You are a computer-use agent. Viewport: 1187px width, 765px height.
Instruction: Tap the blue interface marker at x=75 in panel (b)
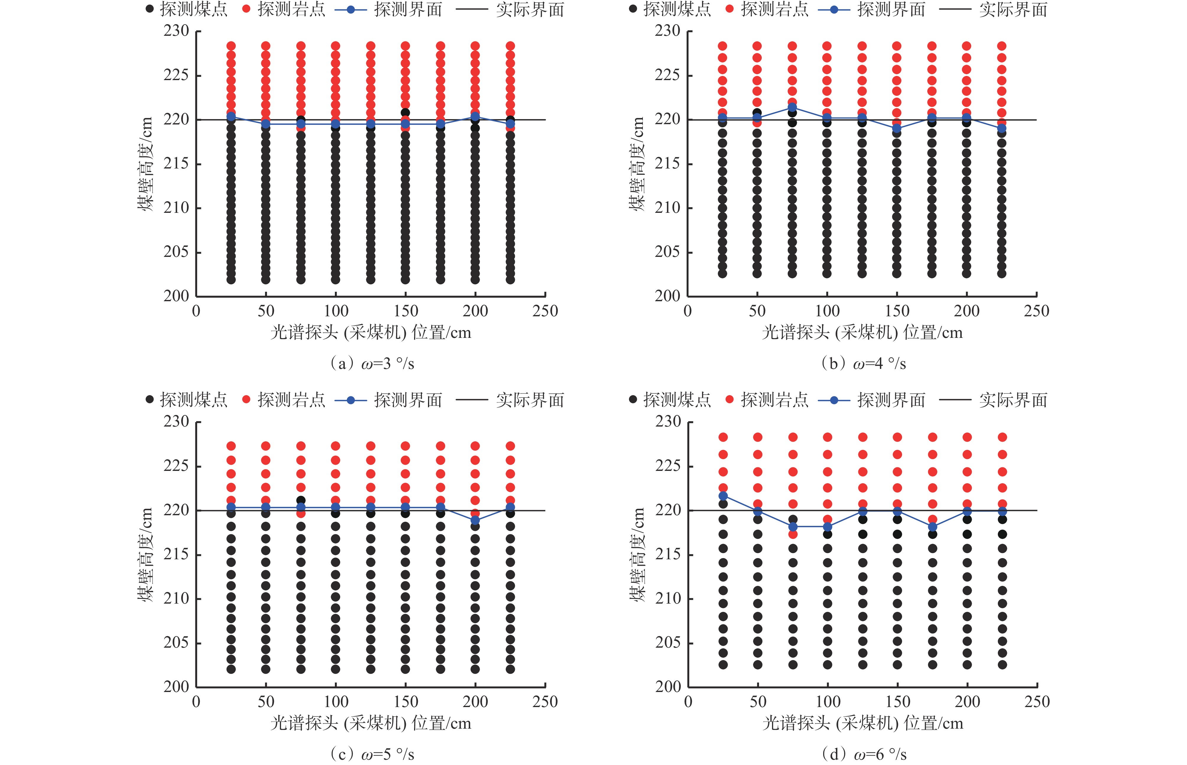792,107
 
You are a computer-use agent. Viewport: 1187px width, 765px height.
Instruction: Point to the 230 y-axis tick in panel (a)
176,31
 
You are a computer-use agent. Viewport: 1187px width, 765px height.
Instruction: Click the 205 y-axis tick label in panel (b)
667,252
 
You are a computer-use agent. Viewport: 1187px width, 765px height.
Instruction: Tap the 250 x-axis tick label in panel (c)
545,702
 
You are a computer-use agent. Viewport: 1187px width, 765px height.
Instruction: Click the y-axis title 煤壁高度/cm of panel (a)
145,164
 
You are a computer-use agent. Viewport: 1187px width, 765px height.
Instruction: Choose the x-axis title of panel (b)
862,332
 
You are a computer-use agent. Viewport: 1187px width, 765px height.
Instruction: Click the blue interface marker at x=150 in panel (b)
896,128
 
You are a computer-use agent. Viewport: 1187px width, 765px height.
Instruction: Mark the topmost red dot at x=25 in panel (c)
231,446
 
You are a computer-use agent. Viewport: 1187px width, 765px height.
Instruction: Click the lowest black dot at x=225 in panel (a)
510,280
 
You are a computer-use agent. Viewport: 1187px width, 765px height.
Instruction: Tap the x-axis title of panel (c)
371,723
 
